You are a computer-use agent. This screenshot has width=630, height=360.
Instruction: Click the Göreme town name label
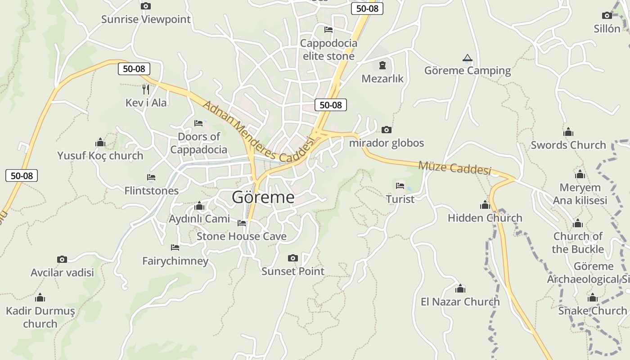coord(263,198)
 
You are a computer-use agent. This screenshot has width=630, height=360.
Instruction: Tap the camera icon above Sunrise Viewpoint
coord(145,6)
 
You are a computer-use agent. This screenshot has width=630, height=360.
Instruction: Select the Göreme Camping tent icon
coord(468,58)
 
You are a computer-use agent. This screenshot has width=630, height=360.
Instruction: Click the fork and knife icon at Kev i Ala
coord(145,90)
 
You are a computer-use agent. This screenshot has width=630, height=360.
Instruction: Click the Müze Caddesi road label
coord(454,167)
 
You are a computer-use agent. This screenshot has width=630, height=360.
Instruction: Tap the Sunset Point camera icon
coord(293,258)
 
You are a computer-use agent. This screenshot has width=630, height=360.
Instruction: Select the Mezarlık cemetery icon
coord(382,65)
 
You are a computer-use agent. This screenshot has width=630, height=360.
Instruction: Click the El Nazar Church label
coord(460,301)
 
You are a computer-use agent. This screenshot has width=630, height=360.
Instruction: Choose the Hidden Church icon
coord(485,205)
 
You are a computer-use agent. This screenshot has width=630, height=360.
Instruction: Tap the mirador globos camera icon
coord(386,130)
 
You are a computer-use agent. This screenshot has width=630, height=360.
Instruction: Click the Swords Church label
coord(568,145)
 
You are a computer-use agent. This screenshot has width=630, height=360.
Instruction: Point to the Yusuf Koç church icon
coord(100,143)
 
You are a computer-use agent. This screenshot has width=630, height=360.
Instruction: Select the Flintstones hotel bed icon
coord(151,178)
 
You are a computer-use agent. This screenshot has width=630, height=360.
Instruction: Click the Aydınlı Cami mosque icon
coord(199,206)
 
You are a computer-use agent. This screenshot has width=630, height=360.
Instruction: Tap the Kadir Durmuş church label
coord(40,317)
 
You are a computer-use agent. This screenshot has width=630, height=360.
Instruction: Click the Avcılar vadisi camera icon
coord(62,259)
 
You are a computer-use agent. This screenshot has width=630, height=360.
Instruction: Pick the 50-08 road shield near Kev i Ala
coord(134,69)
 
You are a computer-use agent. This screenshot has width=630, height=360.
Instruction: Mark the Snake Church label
coord(592,310)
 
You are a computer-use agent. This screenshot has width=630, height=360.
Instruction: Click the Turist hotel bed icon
coord(400,185)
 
